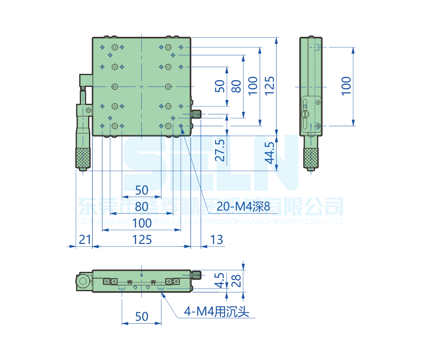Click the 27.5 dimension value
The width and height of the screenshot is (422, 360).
pyautogui.click(x=220, y=151)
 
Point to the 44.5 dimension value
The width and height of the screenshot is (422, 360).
pyautogui.click(x=270, y=153)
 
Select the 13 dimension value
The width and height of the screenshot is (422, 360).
pyautogui.click(x=216, y=240)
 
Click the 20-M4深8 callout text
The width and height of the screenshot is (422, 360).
pyautogui.click(x=243, y=206)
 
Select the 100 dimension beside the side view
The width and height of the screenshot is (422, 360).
pyautogui.click(x=346, y=86)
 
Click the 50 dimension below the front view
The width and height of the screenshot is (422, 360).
pyautogui.click(x=142, y=316)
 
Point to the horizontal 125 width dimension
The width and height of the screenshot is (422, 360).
pyautogui.click(x=142, y=240)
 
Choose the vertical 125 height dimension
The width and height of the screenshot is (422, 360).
pyautogui.click(x=270, y=86)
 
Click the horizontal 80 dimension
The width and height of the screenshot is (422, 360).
pyautogui.click(x=142, y=207)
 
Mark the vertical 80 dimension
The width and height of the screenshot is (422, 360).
pyautogui.click(x=237, y=86)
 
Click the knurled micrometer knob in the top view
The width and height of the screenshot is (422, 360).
pyautogui.click(x=83, y=158)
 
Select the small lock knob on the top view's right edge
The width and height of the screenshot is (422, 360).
pyautogui.click(x=196, y=114)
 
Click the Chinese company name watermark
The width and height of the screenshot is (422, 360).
pyautogui.click(x=211, y=207)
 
